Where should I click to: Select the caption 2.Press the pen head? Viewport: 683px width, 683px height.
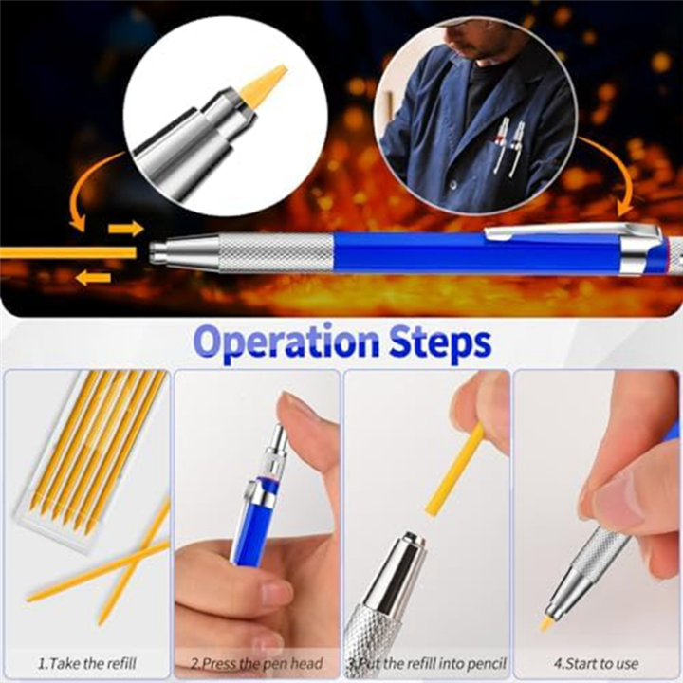point(256,663)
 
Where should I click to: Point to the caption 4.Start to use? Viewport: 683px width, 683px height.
point(597,663)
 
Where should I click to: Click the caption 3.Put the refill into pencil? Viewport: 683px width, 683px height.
point(426,663)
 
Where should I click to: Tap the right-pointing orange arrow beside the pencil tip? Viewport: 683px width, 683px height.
point(125,229)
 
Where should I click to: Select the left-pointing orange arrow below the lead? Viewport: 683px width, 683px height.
point(93,278)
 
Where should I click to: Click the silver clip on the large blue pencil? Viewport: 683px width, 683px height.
point(569,231)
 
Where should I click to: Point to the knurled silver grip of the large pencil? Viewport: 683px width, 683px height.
point(275,253)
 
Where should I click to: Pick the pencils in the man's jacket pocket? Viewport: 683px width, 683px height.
point(508,142)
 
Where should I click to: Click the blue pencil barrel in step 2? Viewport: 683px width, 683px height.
point(249,531)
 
